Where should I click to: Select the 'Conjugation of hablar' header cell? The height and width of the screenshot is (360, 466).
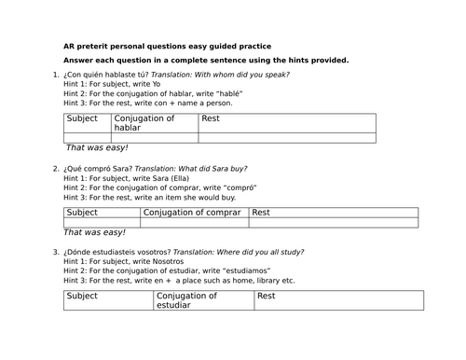tap(154, 123)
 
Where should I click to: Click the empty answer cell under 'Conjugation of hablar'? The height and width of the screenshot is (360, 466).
tap(154, 138)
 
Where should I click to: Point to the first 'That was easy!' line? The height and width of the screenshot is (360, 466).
tap(97, 148)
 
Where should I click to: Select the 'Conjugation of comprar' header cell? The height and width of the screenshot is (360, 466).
tap(195, 213)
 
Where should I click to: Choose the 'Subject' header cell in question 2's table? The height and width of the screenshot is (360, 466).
tap(102, 213)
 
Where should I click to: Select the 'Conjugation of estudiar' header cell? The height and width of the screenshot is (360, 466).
tap(199, 300)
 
